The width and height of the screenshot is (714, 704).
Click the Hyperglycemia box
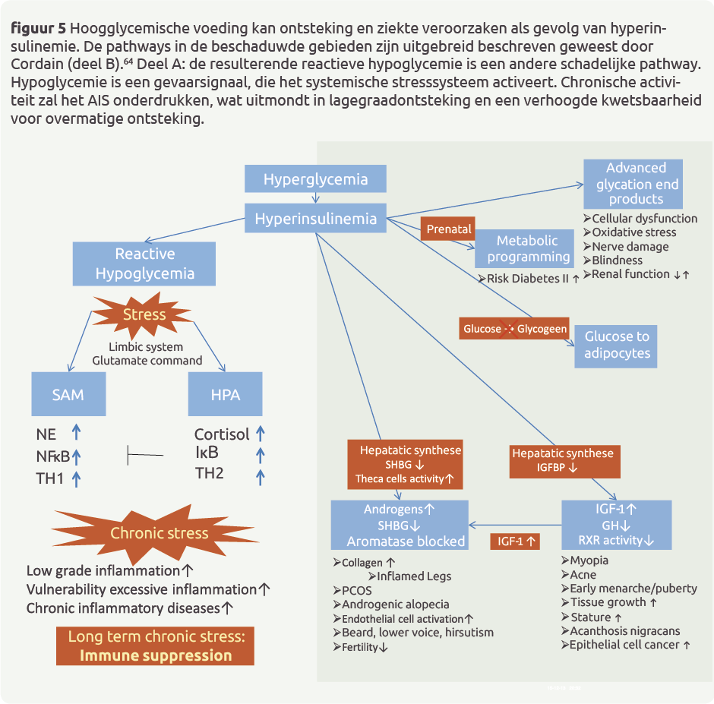coord(315,179)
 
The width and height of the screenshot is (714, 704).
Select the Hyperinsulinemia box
coord(315,219)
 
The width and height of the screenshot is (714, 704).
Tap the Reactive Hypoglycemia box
coord(145,264)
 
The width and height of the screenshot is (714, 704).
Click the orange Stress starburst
coord(144,314)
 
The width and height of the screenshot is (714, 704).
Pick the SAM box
coord(68,394)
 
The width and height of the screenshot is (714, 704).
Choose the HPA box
coord(225,394)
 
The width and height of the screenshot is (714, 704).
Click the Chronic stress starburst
coord(159,532)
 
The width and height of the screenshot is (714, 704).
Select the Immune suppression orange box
coord(155,646)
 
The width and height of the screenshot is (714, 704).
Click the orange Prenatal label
coord(449,229)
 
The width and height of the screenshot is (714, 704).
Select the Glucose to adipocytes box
coord(617,346)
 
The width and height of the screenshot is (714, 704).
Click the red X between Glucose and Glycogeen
coord(510,329)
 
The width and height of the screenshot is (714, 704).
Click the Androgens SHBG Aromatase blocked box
coord(400,525)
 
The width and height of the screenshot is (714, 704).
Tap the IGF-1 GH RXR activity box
coord(616,525)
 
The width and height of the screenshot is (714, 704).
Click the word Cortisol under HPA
coord(222,434)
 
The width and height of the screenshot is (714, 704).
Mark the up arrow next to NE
coord(76,433)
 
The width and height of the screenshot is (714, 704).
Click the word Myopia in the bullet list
coord(589,560)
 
